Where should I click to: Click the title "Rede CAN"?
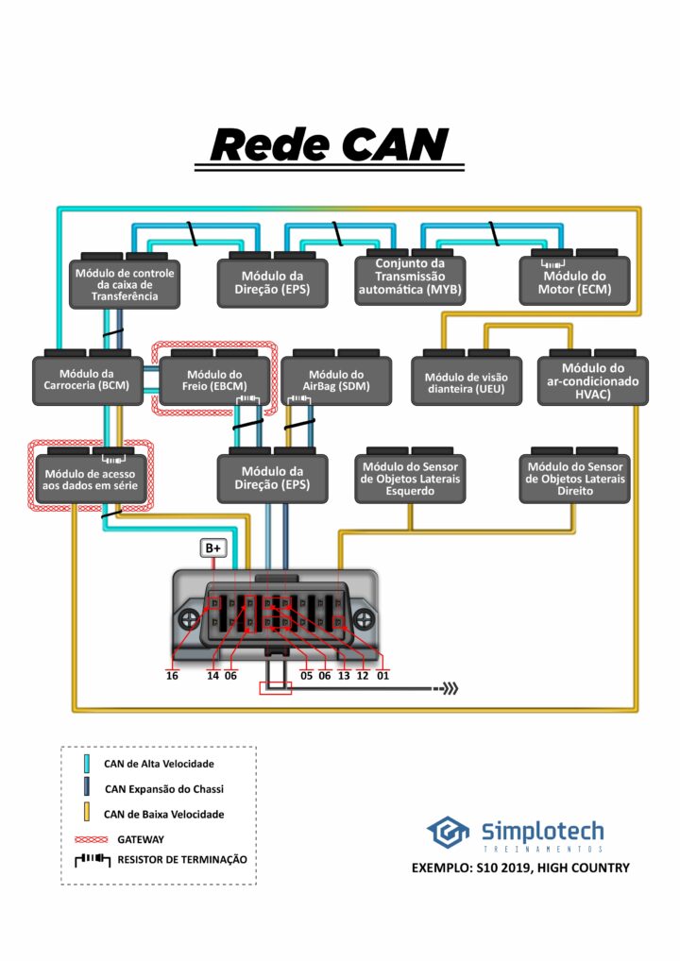pos(330,144)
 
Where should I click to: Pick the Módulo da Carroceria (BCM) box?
pos(87,379)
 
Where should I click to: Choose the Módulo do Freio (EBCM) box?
pos(214,379)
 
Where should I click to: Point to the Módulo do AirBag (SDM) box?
pos(336,379)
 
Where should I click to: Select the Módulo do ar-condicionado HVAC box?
pos(592,380)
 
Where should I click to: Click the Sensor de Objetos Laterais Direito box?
pos(574,479)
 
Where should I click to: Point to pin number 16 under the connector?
pos(172,675)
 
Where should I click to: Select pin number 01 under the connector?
pos(382,675)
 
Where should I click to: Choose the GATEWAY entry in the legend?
pos(141,838)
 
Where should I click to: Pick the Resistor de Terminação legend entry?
pos(181,860)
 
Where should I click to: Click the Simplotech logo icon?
pos(448,833)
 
